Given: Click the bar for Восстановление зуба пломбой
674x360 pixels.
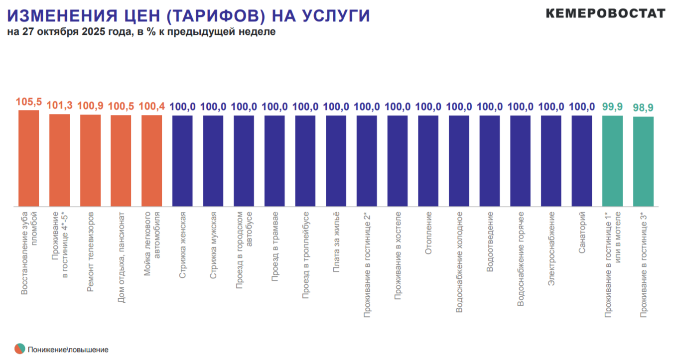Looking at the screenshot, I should click(28, 158).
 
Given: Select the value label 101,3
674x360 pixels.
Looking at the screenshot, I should click(59, 105).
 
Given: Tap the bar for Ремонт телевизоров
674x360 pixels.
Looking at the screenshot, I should click(90, 160).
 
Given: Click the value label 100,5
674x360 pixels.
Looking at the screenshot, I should click(121, 106).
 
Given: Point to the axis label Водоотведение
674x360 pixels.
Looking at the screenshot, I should click(490, 241).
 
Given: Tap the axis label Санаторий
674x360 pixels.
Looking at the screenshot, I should click(582, 233).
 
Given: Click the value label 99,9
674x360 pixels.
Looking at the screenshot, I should click(612, 106).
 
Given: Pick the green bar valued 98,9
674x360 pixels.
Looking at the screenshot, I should click(643, 161).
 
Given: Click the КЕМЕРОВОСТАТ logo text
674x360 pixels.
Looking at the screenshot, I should click(605, 13).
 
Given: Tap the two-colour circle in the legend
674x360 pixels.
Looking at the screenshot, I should click(19, 349).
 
